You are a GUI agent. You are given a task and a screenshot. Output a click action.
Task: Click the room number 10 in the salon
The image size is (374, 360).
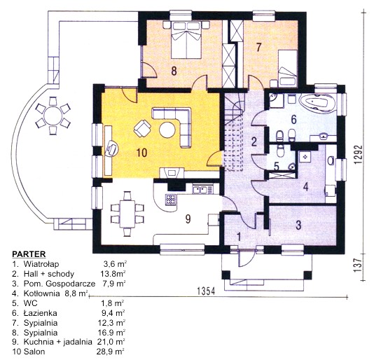coord(141,153)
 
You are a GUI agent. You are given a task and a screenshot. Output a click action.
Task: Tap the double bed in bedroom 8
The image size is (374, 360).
coord(186,40)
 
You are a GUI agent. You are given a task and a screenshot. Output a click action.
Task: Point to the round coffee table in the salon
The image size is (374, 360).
coord(167,130)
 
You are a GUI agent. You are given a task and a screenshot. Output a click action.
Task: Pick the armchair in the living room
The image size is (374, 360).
coord(142,128)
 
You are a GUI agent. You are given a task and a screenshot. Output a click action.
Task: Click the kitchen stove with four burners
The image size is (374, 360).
coord(171,200)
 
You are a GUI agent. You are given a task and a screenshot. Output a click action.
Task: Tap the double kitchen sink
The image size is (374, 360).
coord(202,190)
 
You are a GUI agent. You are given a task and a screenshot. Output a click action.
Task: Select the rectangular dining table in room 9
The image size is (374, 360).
coord(127,214)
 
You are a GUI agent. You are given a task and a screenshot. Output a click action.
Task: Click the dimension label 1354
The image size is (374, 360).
coord(206,291)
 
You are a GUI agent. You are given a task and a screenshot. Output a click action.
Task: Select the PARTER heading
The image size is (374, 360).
coord(29,254)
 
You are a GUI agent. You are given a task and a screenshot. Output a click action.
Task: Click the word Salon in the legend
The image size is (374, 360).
coord(34,351)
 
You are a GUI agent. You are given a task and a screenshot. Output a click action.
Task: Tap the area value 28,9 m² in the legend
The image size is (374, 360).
coord(111,351)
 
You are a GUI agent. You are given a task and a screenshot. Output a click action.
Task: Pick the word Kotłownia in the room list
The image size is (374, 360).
coord(41,293)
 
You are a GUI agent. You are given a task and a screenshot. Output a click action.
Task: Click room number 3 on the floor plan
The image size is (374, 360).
coord(298,225)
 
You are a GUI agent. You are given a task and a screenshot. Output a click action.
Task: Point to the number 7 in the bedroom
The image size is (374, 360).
coord(258,47)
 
